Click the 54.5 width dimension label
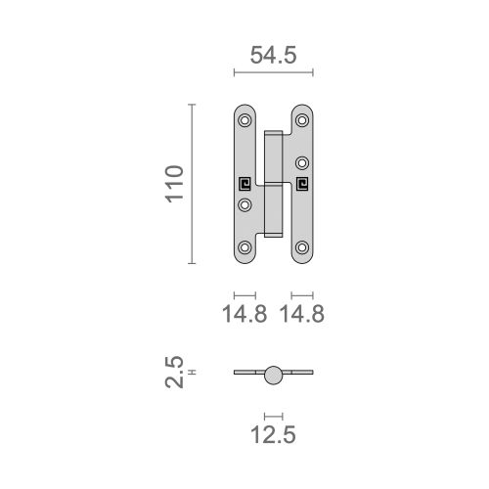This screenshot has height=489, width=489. (x=273, y=56)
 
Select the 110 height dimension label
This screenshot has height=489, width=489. (x=174, y=184)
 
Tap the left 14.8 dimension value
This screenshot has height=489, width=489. (x=244, y=314)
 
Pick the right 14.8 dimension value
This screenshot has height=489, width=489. (x=302, y=314)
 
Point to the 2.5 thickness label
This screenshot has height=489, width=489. (x=174, y=373)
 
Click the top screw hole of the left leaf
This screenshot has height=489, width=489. (x=244, y=121)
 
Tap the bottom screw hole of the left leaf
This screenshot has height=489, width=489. (x=244, y=246)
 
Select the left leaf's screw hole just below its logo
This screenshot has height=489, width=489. (x=244, y=204)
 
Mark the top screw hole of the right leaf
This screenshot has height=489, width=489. (x=302, y=121)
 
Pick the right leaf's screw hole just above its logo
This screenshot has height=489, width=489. (x=302, y=162)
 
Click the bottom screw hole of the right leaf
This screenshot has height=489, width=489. (x=302, y=246)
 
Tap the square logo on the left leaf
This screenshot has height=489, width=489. (x=244, y=183)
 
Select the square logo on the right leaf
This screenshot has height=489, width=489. (x=302, y=183)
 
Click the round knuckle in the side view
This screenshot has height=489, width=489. (x=274, y=373)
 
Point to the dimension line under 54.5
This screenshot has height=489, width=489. (x=274, y=72)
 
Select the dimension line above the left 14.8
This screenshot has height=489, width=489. (x=244, y=294)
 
